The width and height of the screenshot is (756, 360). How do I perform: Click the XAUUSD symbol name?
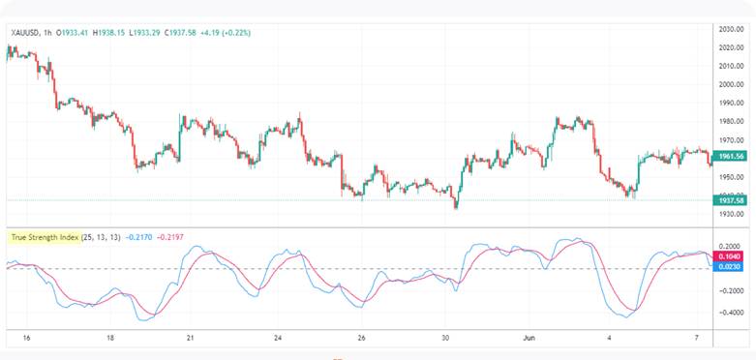click(24, 33)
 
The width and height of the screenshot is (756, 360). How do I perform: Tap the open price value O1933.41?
click(74, 33)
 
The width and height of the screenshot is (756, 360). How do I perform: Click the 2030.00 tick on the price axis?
click(731, 29)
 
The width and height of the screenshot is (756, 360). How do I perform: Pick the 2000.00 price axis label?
click(731, 84)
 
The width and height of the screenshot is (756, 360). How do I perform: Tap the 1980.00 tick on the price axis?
click(731, 121)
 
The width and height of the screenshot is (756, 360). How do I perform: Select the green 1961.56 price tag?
click(731, 156)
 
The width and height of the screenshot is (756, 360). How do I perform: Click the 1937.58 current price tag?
click(731, 199)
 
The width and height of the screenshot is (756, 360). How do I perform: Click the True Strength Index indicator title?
click(45, 236)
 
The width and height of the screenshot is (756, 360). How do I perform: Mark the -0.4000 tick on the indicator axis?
click(731, 312)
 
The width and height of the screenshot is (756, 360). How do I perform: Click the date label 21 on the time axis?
click(191, 338)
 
